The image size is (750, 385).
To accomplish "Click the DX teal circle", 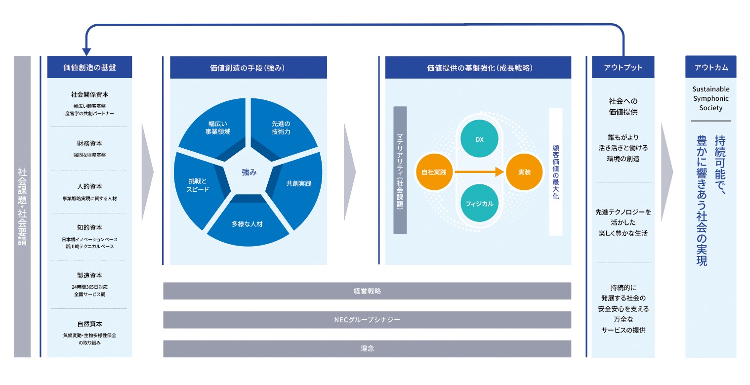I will coord(479,139).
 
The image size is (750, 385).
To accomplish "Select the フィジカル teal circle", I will coord(479,203).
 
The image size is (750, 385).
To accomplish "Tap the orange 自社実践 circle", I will coord(434,172).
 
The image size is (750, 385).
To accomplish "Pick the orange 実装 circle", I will coord(524,172).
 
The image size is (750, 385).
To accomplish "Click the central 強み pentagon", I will coord(249,172).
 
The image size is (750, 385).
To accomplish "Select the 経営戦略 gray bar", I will coord(367,291).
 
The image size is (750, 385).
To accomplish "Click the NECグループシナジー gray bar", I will coord(367,320).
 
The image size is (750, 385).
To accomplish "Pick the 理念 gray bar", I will coord(367,348).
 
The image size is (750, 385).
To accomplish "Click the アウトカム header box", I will coord(710,67).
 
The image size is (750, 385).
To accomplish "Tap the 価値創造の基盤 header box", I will coord(89,67).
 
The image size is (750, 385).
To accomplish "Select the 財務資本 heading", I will coord(89,144).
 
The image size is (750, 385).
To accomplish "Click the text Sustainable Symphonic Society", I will coord(710,98).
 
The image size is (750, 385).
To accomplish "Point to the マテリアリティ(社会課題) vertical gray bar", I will coord(400,170).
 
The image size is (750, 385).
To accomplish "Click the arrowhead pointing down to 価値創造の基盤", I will coord(87,51).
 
